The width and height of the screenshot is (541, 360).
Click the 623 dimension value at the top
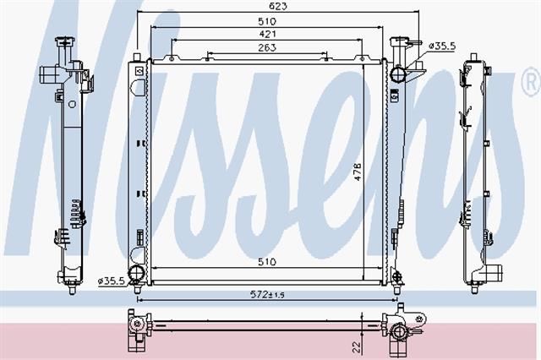(x=277, y=6)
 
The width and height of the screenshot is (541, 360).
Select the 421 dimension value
(x=267, y=34)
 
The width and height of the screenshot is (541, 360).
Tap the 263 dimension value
(x=267, y=47)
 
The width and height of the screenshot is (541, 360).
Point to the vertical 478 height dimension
(x=358, y=172)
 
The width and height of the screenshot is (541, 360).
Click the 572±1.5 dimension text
(x=267, y=294)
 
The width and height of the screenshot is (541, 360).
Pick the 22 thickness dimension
(x=358, y=346)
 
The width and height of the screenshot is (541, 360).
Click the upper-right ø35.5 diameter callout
(x=442, y=46)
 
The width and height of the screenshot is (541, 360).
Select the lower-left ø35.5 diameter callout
(x=111, y=281)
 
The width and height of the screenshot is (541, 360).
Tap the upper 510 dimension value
(x=267, y=21)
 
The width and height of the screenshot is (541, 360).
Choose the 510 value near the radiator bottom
(x=267, y=262)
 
